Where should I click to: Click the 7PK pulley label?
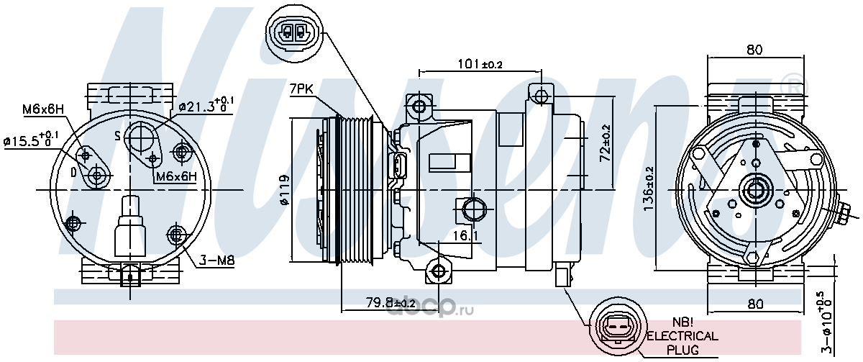(x=301, y=89)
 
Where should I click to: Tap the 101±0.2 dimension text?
(x=480, y=64)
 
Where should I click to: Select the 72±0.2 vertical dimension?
(x=606, y=142)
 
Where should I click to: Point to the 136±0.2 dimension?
(x=649, y=188)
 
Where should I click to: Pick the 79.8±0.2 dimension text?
(x=391, y=303)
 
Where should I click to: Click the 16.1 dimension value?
(x=465, y=235)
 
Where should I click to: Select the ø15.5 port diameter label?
(x=31, y=140)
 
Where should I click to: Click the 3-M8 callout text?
(x=216, y=261)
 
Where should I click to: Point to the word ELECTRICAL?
(x=682, y=336)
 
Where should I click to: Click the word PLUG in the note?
(x=682, y=350)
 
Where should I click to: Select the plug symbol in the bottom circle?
(x=617, y=330)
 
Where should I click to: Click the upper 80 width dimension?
(x=754, y=50)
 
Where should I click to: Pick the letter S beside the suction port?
(x=118, y=135)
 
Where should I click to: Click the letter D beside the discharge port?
(x=73, y=173)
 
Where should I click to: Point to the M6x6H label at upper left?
(x=42, y=109)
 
